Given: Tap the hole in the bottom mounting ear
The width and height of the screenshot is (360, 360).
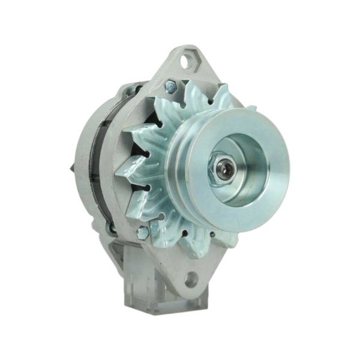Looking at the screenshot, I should tap(191, 278).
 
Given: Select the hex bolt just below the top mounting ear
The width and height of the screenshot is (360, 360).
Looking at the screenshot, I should tap(170, 87).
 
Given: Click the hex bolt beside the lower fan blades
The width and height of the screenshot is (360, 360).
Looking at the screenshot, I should tap(143, 233).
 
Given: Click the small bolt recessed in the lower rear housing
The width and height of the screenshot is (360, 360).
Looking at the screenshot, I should tap(111, 228).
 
